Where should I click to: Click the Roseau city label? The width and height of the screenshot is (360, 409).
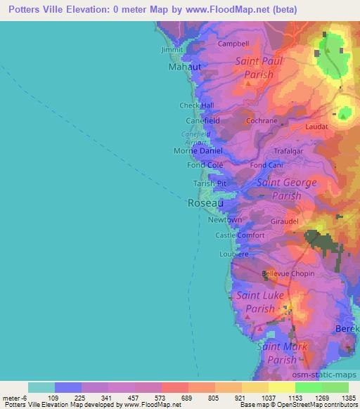(205, 203)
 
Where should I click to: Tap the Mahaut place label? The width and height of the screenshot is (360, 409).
(185, 67)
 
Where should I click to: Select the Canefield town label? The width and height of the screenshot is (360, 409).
(202, 120)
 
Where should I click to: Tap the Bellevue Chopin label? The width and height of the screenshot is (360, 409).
(288, 273)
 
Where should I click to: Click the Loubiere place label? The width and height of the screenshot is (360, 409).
(234, 254)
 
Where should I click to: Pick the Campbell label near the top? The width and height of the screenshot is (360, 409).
(233, 44)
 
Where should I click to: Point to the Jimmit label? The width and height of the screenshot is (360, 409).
(172, 51)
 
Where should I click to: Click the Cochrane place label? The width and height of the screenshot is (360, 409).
(262, 121)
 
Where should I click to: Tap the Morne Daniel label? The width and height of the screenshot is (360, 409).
(198, 151)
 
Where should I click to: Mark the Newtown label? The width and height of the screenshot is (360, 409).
(225, 220)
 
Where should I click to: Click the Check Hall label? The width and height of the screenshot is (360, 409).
(196, 105)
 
